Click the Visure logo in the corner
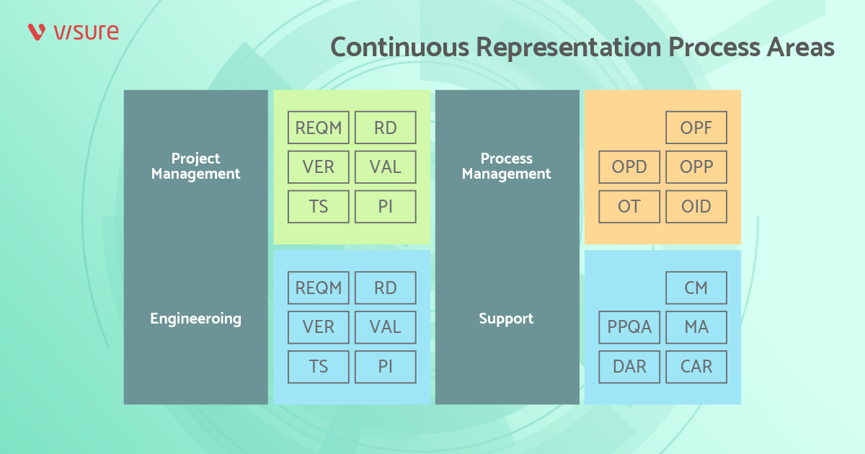click(x=73, y=32)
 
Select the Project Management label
click(x=195, y=166)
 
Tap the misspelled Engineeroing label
click(x=195, y=319)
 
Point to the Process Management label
click(x=506, y=166)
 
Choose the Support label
click(x=506, y=319)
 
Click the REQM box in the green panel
click(x=319, y=128)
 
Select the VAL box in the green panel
click(x=386, y=167)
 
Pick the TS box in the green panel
click(x=319, y=207)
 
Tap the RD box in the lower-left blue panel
click(x=386, y=288)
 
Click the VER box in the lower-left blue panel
click(x=319, y=327)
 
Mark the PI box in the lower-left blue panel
click(x=386, y=367)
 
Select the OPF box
click(x=696, y=128)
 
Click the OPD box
click(x=629, y=167)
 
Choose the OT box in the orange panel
click(x=629, y=207)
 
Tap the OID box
click(x=696, y=207)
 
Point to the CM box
click(x=696, y=288)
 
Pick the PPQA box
click(x=629, y=327)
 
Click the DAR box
click(x=629, y=367)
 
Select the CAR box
click(x=696, y=367)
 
